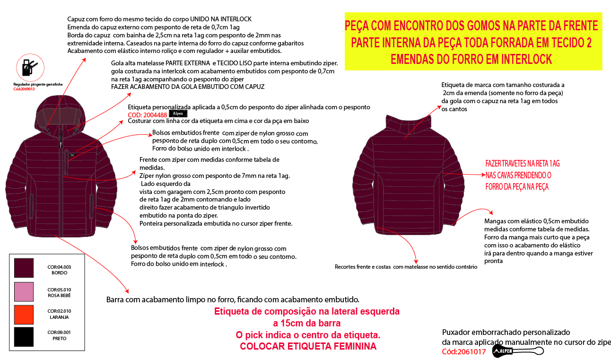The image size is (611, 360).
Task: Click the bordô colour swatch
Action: pyautogui.click(x=24, y=268)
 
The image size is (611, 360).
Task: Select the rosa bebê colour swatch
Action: pyautogui.click(x=24, y=291)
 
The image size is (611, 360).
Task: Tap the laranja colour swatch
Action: pyautogui.click(x=24, y=314)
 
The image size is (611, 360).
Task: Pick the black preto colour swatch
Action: pyautogui.click(x=24, y=336)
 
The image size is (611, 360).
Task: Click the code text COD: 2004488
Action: pyautogui.click(x=148, y=114)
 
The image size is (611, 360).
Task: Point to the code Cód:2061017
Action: pyautogui.click(x=464, y=351)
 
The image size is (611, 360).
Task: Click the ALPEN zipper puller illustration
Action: pyautogui.click(x=518, y=351)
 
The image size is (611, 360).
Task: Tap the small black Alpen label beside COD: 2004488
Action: pyautogui.click(x=178, y=114)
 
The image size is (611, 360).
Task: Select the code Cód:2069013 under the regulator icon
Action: pyautogui.click(x=24, y=88)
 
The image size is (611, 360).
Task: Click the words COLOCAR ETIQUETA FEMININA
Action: pyautogui.click(x=308, y=346)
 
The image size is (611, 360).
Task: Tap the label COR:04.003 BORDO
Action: pyautogui.click(x=59, y=270)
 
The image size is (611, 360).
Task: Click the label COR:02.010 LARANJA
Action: pyautogui.click(x=59, y=314)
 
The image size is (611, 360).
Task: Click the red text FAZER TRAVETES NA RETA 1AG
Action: pyautogui.click(x=523, y=164)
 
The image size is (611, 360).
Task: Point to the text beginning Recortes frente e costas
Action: pyautogui.click(x=406, y=267)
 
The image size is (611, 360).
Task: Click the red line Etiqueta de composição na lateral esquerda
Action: pyautogui.click(x=307, y=312)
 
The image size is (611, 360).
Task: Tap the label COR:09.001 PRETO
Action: pyautogui.click(x=59, y=335)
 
